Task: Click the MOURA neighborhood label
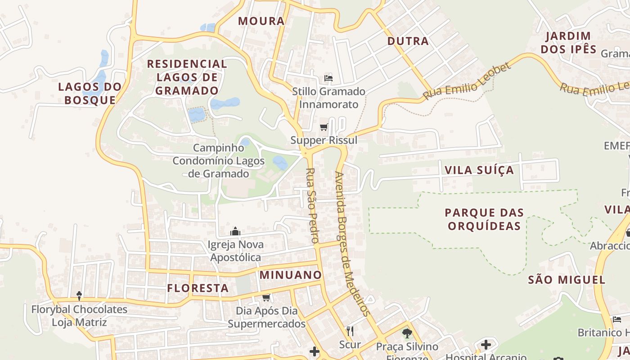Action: (x=261, y=21)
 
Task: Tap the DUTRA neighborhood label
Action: (x=408, y=41)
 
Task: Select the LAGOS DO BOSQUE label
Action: (x=90, y=93)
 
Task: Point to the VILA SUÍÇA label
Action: (x=479, y=170)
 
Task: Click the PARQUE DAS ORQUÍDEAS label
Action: (x=484, y=219)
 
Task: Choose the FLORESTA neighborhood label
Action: (x=198, y=288)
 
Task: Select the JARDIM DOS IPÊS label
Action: (x=568, y=43)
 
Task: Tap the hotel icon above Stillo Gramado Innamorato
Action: (x=328, y=78)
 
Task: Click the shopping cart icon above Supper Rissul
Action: (x=324, y=127)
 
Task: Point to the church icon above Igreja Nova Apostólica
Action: (x=235, y=232)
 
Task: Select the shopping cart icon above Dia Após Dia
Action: (x=266, y=297)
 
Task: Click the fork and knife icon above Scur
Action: (x=350, y=332)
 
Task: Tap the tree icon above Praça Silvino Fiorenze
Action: (x=407, y=333)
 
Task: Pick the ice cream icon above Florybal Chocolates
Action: (x=79, y=296)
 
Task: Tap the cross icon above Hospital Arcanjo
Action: (x=486, y=345)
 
